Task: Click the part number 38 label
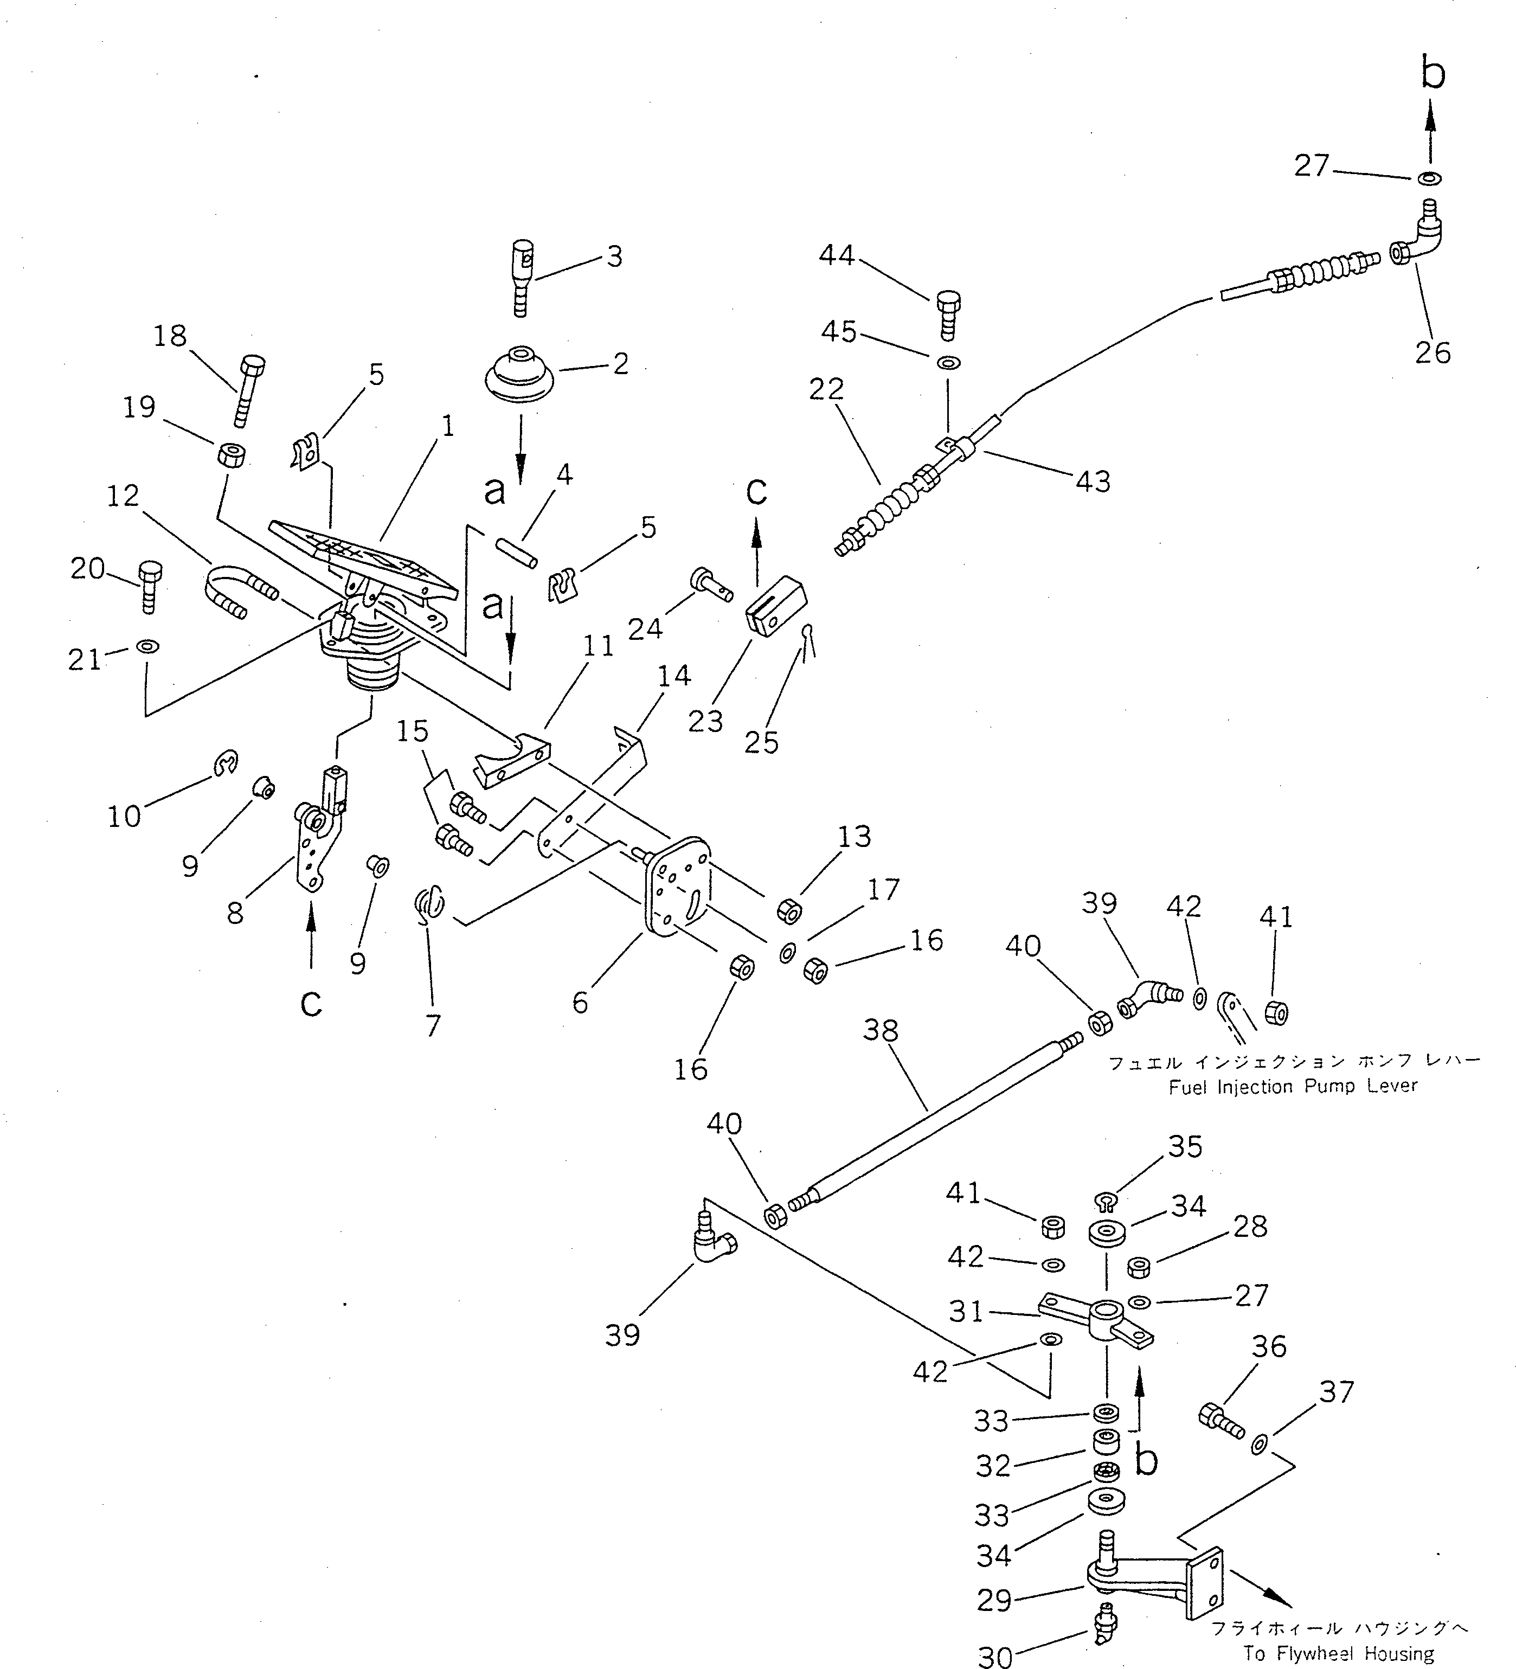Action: (x=880, y=1031)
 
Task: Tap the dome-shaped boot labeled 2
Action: (x=519, y=377)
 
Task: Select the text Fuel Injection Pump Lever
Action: (x=1293, y=1086)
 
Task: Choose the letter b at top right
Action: (x=1433, y=73)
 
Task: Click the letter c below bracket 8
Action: (x=311, y=1003)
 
